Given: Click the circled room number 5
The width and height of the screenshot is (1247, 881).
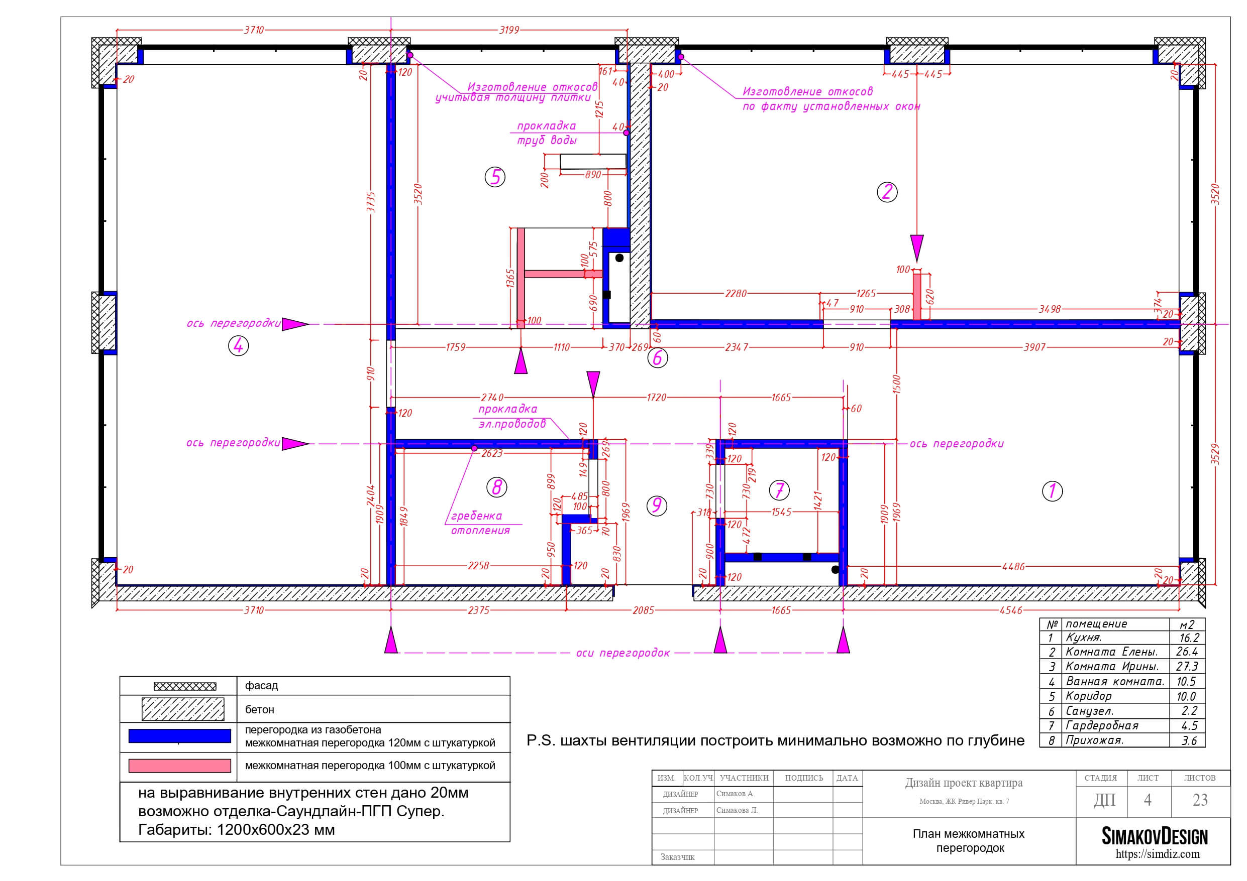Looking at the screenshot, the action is coord(495,177).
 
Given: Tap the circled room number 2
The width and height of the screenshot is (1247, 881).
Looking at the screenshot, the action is coord(887,192).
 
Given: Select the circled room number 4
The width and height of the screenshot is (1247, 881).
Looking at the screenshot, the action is coord(239,345).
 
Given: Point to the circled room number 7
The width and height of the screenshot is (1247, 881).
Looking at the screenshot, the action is coord(779,490).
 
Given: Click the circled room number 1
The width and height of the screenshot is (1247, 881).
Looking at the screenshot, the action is coord(1052,491).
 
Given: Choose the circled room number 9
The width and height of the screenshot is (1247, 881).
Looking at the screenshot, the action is coord(657,506).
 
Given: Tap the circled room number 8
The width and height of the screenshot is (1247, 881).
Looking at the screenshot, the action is coord(496,487).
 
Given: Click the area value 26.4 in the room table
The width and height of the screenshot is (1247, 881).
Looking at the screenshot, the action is coord(1187,652).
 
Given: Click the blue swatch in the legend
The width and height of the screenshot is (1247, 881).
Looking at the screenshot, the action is coord(180,736).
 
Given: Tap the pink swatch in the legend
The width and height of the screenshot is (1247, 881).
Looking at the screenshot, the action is coord(180,766).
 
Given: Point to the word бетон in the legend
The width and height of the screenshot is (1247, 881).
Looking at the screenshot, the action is coord(260,709).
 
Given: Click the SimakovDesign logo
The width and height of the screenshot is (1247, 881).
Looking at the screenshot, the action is coord(1154,836).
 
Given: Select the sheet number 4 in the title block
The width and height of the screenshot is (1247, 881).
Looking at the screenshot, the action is coord(1148,800).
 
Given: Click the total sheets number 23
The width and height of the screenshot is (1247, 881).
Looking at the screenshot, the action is coord(1200,800).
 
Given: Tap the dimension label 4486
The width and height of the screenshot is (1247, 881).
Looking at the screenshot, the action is coord(1013,567).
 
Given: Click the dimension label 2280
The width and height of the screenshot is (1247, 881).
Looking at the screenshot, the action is coord(736,294).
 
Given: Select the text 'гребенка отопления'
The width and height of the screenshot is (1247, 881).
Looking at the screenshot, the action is coord(481,523).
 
